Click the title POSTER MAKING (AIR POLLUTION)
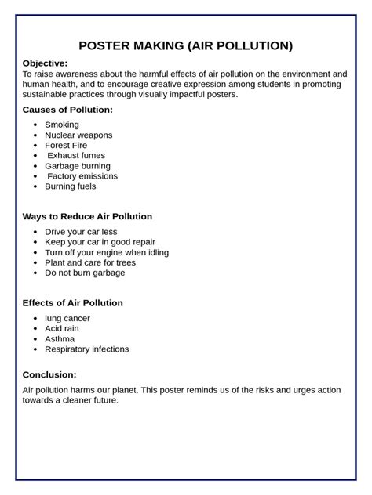[186, 45]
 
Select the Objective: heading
[45, 63]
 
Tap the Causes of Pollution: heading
[67, 110]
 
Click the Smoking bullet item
[62, 125]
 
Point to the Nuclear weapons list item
[78, 135]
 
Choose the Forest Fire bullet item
[66, 145]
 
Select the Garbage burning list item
[78, 166]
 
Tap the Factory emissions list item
[82, 176]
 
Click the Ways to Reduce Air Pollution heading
[87, 216]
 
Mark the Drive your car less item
[82, 232]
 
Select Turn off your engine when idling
[107, 252]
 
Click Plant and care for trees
[90, 262]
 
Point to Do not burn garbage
[85, 273]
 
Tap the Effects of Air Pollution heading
[72, 302]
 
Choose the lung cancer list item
[67, 318]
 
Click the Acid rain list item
[63, 328]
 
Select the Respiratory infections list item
[87, 349]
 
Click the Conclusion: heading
[49, 374]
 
